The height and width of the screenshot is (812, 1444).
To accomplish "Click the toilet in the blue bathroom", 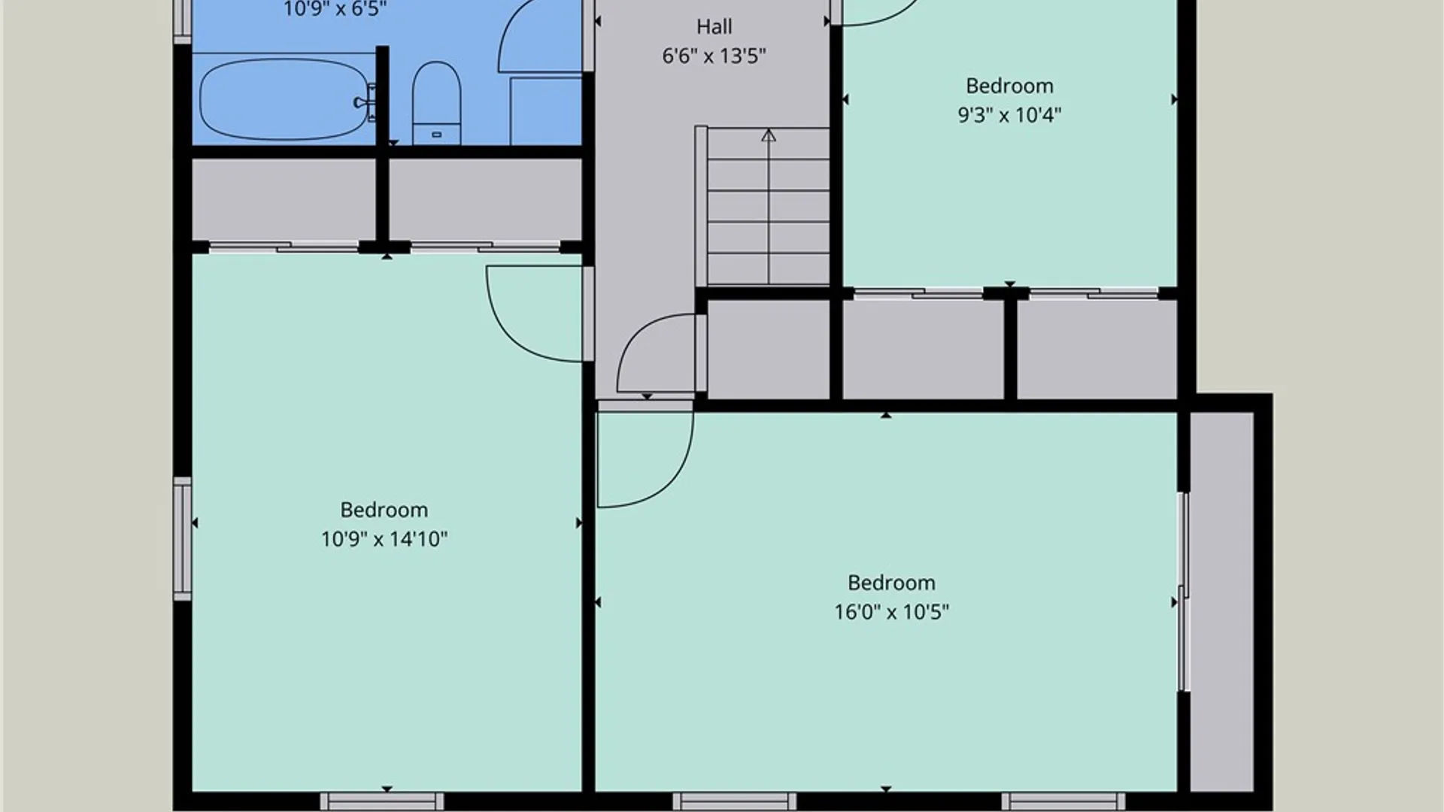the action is click(436, 103).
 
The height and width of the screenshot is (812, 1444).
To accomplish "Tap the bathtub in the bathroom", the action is click(284, 99).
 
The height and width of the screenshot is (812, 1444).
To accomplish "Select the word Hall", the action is click(714, 27).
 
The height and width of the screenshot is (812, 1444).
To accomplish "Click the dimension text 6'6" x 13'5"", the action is click(714, 56).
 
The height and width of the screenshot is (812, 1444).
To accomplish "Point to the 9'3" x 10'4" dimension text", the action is click(1009, 115).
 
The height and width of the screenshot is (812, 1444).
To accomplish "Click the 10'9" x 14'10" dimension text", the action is click(384, 539).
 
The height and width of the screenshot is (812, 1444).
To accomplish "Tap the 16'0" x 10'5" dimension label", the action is click(891, 612).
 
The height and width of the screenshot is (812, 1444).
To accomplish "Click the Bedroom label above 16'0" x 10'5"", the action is click(891, 583).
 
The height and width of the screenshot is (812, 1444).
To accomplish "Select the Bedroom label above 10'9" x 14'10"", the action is click(384, 510).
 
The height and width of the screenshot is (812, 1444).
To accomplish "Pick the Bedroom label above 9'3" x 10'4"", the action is click(1009, 86).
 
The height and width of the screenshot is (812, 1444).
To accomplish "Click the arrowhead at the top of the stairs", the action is click(768, 135).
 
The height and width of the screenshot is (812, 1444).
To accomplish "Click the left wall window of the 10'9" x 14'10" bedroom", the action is click(182, 538).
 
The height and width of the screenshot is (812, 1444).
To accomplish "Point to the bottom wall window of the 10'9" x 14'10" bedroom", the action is click(382, 801).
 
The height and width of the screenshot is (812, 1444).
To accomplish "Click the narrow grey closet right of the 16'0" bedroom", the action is click(1221, 601).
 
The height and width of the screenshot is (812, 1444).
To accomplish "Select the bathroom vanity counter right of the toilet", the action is click(546, 110).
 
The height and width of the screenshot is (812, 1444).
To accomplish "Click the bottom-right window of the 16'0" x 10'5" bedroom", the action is click(1063, 801).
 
